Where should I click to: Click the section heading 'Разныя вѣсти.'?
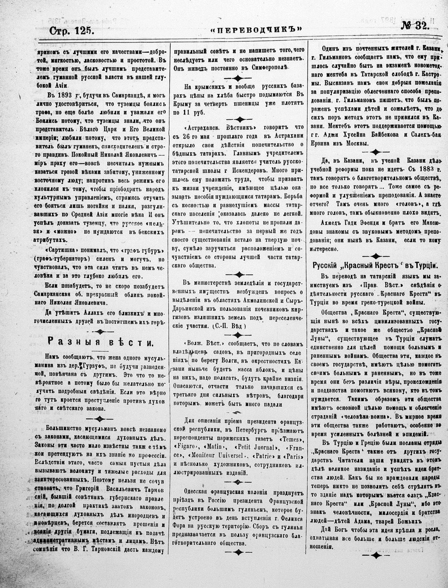[x=99, y=342]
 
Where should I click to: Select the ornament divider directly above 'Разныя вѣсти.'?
[x=100, y=330]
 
